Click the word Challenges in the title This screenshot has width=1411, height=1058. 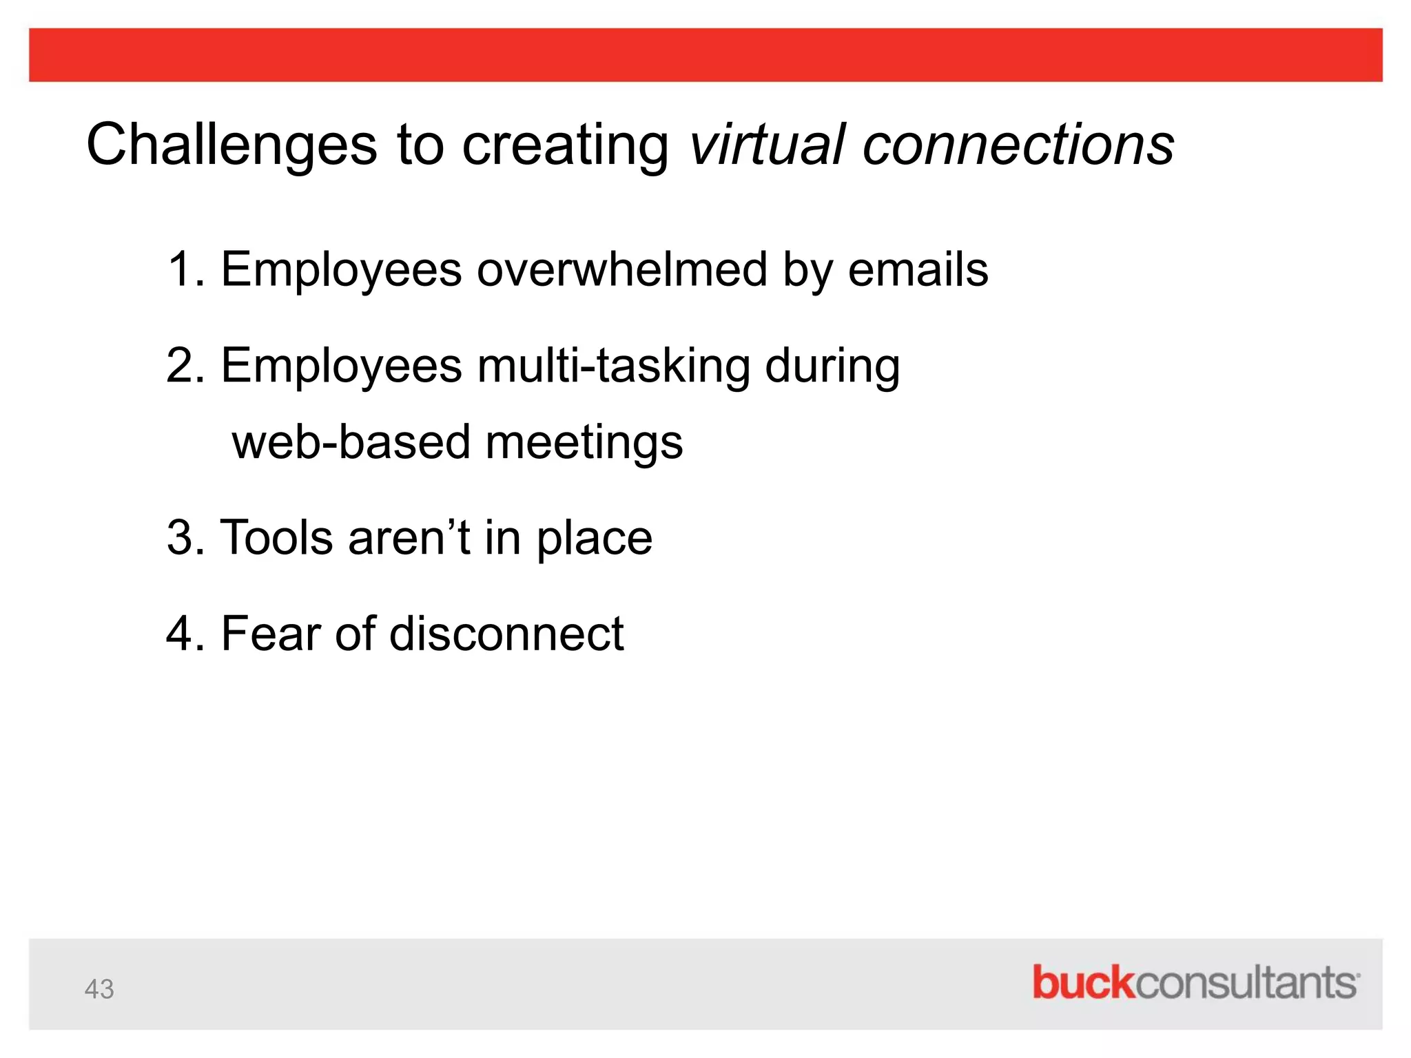pyautogui.click(x=231, y=145)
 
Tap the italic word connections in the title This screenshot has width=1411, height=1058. pyautogui.click(x=1018, y=145)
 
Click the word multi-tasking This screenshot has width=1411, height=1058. pyautogui.click(x=613, y=365)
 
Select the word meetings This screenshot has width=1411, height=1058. pyautogui.click(x=584, y=442)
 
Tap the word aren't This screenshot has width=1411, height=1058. pyautogui.click(x=409, y=537)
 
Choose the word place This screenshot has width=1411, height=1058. pyautogui.click(x=594, y=537)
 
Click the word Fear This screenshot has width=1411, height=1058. pyautogui.click(x=270, y=633)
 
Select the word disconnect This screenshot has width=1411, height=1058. pyautogui.click(x=506, y=633)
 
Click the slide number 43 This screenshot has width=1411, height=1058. pyautogui.click(x=99, y=989)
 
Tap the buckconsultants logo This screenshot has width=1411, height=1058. pyautogui.click(x=1195, y=982)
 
